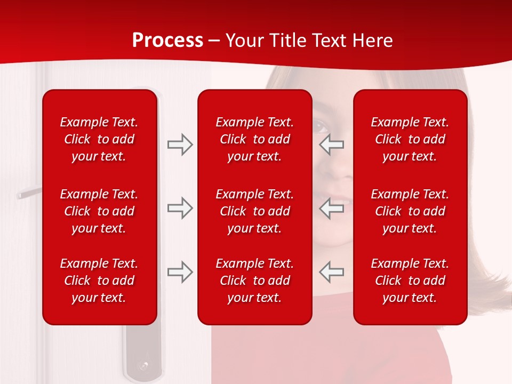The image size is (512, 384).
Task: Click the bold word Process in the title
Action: click(167, 41)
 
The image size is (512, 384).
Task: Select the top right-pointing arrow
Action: click(180, 145)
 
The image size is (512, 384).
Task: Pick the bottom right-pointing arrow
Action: click(180, 273)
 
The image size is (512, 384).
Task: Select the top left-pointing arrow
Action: click(331, 145)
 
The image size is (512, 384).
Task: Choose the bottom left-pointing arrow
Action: click(331, 273)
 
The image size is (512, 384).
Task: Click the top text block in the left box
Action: click(99, 139)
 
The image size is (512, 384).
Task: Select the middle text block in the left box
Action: click(99, 211)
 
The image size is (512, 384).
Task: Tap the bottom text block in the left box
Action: click(99, 281)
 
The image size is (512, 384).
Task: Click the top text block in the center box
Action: click(254, 139)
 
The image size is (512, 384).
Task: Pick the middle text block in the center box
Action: click(254, 211)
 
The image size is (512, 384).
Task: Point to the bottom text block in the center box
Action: click(254, 281)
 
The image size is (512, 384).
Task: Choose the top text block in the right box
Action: click(410, 139)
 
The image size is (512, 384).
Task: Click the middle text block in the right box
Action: click(410, 211)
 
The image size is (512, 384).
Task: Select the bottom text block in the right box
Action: click(410, 281)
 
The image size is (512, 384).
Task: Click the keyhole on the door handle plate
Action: click(143, 367)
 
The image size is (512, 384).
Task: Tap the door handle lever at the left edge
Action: click(28, 193)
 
